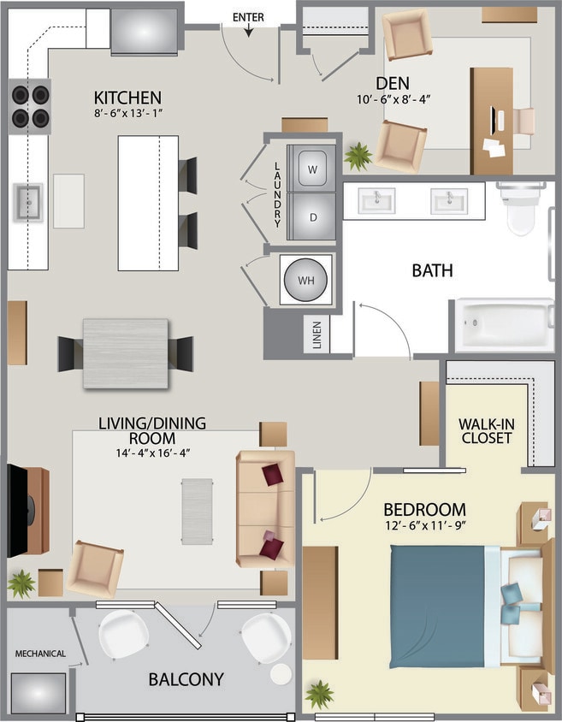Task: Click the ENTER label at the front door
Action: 248,17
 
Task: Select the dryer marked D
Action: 312,216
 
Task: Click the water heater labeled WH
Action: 305,281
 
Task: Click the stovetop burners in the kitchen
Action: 29,106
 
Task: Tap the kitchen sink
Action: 27,203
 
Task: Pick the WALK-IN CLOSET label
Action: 485,430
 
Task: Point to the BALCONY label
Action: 186,679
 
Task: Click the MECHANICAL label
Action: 39,654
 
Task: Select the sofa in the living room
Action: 265,509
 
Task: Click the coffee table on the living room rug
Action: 197,511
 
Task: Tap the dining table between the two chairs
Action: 126,353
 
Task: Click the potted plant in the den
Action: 358,156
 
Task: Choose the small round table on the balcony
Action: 281,673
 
